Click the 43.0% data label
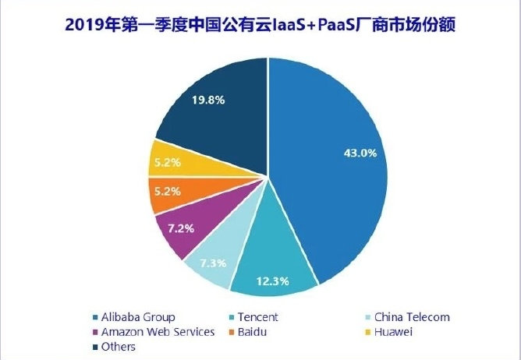click(x=360, y=153)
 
